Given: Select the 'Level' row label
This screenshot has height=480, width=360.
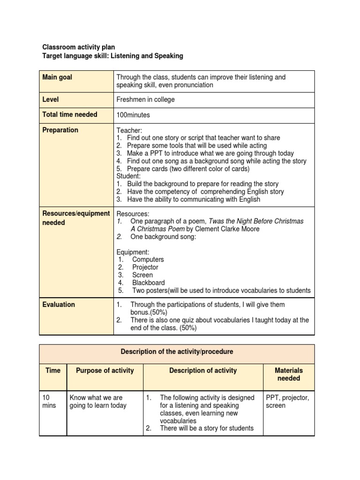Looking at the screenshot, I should pyautogui.click(x=51, y=100).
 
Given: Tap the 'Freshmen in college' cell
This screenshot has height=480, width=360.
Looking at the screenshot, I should pyautogui.click(x=145, y=100).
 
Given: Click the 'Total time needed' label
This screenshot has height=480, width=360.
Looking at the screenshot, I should pyautogui.click(x=70, y=114).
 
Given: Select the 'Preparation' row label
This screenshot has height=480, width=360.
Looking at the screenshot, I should pyautogui.click(x=60, y=130).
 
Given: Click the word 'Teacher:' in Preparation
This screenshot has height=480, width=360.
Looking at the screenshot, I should pyautogui.click(x=129, y=130).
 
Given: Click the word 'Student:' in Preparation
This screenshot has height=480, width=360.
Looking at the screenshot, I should pyautogui.click(x=129, y=176).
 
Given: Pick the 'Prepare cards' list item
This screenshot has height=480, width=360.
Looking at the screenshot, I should pyautogui.click(x=188, y=169).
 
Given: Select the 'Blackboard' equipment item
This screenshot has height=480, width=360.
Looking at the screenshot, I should pyautogui.click(x=148, y=283).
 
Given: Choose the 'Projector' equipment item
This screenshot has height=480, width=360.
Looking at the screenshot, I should pyautogui.click(x=145, y=267).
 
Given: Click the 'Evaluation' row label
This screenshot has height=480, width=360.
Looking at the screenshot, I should pyautogui.click(x=59, y=305).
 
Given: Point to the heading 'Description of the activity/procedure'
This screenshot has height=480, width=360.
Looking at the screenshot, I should pyautogui.click(x=177, y=352).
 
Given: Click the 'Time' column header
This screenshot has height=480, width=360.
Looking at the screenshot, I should pyautogui.click(x=53, y=370).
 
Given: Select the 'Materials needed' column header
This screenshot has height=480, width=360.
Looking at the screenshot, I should pyautogui.click(x=288, y=374).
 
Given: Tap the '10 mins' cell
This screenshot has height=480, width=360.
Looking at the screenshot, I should pyautogui.click(x=49, y=402).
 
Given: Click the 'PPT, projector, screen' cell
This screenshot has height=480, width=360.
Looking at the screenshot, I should pyautogui.click(x=287, y=402).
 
